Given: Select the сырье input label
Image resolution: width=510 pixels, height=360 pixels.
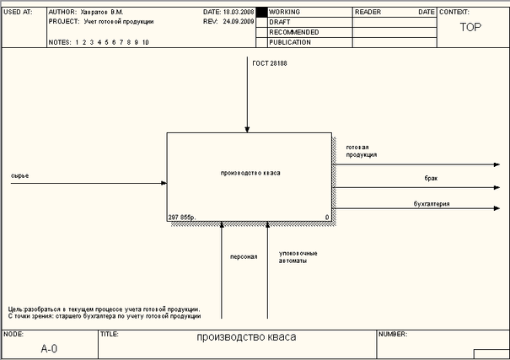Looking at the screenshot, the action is pos(20,175).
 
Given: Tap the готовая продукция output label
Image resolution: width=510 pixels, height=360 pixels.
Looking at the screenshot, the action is pos(361,151).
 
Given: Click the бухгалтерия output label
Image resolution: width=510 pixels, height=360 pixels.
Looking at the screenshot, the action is pos(431,203).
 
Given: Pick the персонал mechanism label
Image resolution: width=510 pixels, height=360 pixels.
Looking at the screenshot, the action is pos(244,255).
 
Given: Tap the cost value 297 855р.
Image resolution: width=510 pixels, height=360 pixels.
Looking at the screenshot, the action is pos(182,218).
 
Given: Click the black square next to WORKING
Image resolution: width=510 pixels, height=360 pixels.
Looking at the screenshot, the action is pos(261,13).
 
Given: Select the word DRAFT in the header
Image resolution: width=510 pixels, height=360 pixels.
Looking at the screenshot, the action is pos(279,22).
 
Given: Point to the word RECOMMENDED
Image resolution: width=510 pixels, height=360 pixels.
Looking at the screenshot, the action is pos(293,32).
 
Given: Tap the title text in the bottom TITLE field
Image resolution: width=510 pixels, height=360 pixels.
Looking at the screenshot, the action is pos(246,337).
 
